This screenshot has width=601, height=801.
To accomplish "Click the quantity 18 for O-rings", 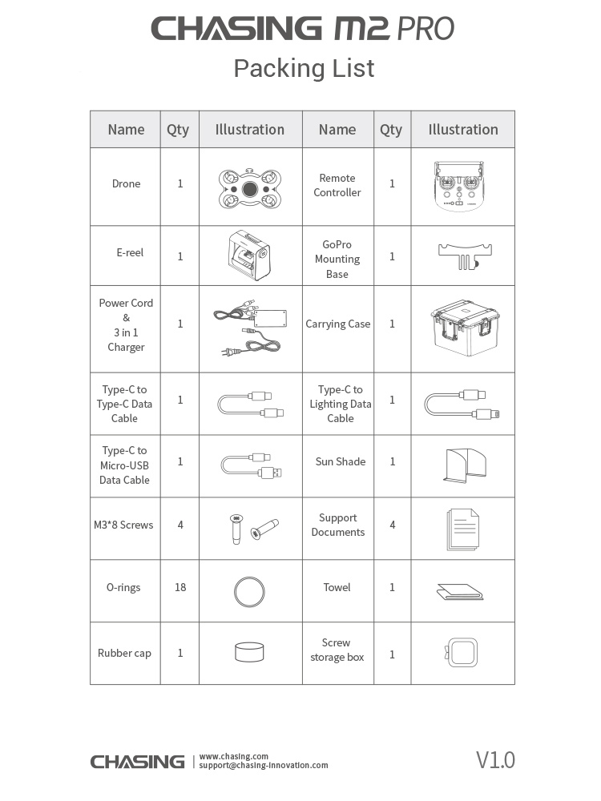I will pos(180,587).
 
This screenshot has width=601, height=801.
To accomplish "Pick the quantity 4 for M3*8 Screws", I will pos(180,525).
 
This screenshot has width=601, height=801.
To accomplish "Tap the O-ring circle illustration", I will pos(249,592).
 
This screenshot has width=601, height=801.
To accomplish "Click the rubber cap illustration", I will pos(249,652).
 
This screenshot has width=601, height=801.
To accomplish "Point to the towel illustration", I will pos(462,591).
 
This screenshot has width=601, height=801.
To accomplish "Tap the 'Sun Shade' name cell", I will pos(340,461).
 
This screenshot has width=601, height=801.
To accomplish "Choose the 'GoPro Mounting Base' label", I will pos(337,259).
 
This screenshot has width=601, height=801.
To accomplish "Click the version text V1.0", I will pos(495,759).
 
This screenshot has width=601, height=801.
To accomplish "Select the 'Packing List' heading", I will pos(304,69).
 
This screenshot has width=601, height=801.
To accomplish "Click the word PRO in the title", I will pos(424,30).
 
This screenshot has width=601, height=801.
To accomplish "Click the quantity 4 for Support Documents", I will pos(392,525).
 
